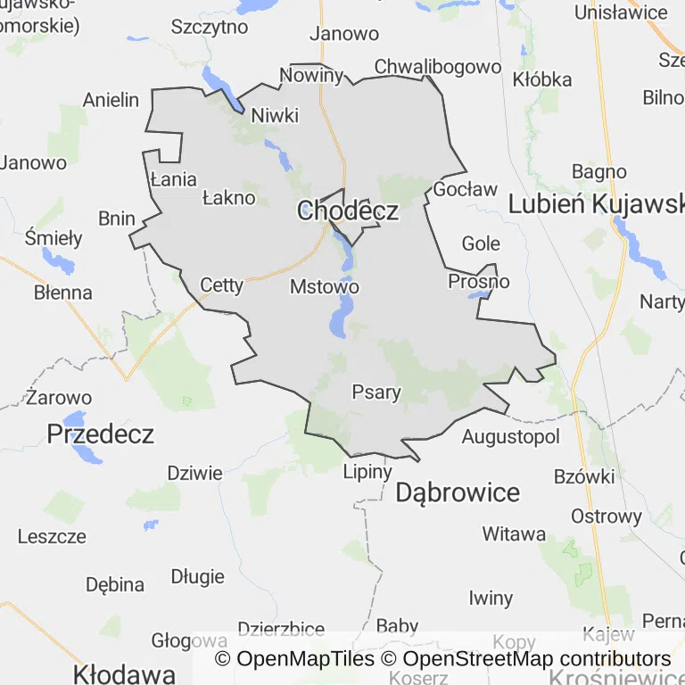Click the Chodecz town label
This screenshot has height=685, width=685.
pyautogui.click(x=347, y=211)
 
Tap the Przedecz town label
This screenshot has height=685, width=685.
pyautogui.click(x=100, y=434)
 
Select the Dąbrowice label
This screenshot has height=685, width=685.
pyautogui.click(x=457, y=492)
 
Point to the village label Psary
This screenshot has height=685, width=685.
pyautogui.click(x=376, y=392)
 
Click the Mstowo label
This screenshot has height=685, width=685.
pyautogui.click(x=325, y=287)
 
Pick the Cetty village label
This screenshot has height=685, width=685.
pyautogui.click(x=221, y=285)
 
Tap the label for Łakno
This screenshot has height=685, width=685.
pyautogui.click(x=228, y=198)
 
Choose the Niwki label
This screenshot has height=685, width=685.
pyautogui.click(x=275, y=116)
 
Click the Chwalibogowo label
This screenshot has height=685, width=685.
pyautogui.click(x=438, y=67)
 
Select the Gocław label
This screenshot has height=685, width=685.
pyautogui.click(x=465, y=189)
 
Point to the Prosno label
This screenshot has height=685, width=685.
pyautogui.click(x=479, y=282)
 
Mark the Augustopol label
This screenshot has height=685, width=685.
pyautogui.click(x=511, y=437)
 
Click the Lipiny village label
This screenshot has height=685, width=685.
pyautogui.click(x=367, y=472)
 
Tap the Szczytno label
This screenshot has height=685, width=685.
pyautogui.click(x=209, y=27)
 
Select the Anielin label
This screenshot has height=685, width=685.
pyautogui.click(x=111, y=100)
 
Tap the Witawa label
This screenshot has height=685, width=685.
pyautogui.click(x=514, y=534)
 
